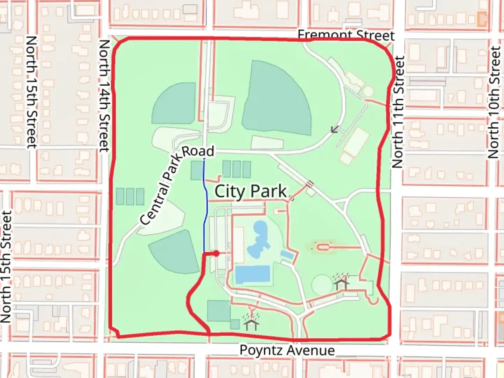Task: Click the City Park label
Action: click(251, 191)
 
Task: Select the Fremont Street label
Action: click(346, 35)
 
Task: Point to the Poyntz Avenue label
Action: click(287, 350)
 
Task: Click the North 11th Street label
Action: click(398, 112)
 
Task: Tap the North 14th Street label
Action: click(104, 95)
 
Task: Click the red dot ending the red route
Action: click(217, 253)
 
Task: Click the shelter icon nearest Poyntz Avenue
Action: click(251, 322)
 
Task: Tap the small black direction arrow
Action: click(335, 129)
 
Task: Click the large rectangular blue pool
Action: click(253, 274)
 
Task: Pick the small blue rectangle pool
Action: click(287, 255)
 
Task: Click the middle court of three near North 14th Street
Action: click(130, 196)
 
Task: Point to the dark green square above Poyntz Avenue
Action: click(218, 311)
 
